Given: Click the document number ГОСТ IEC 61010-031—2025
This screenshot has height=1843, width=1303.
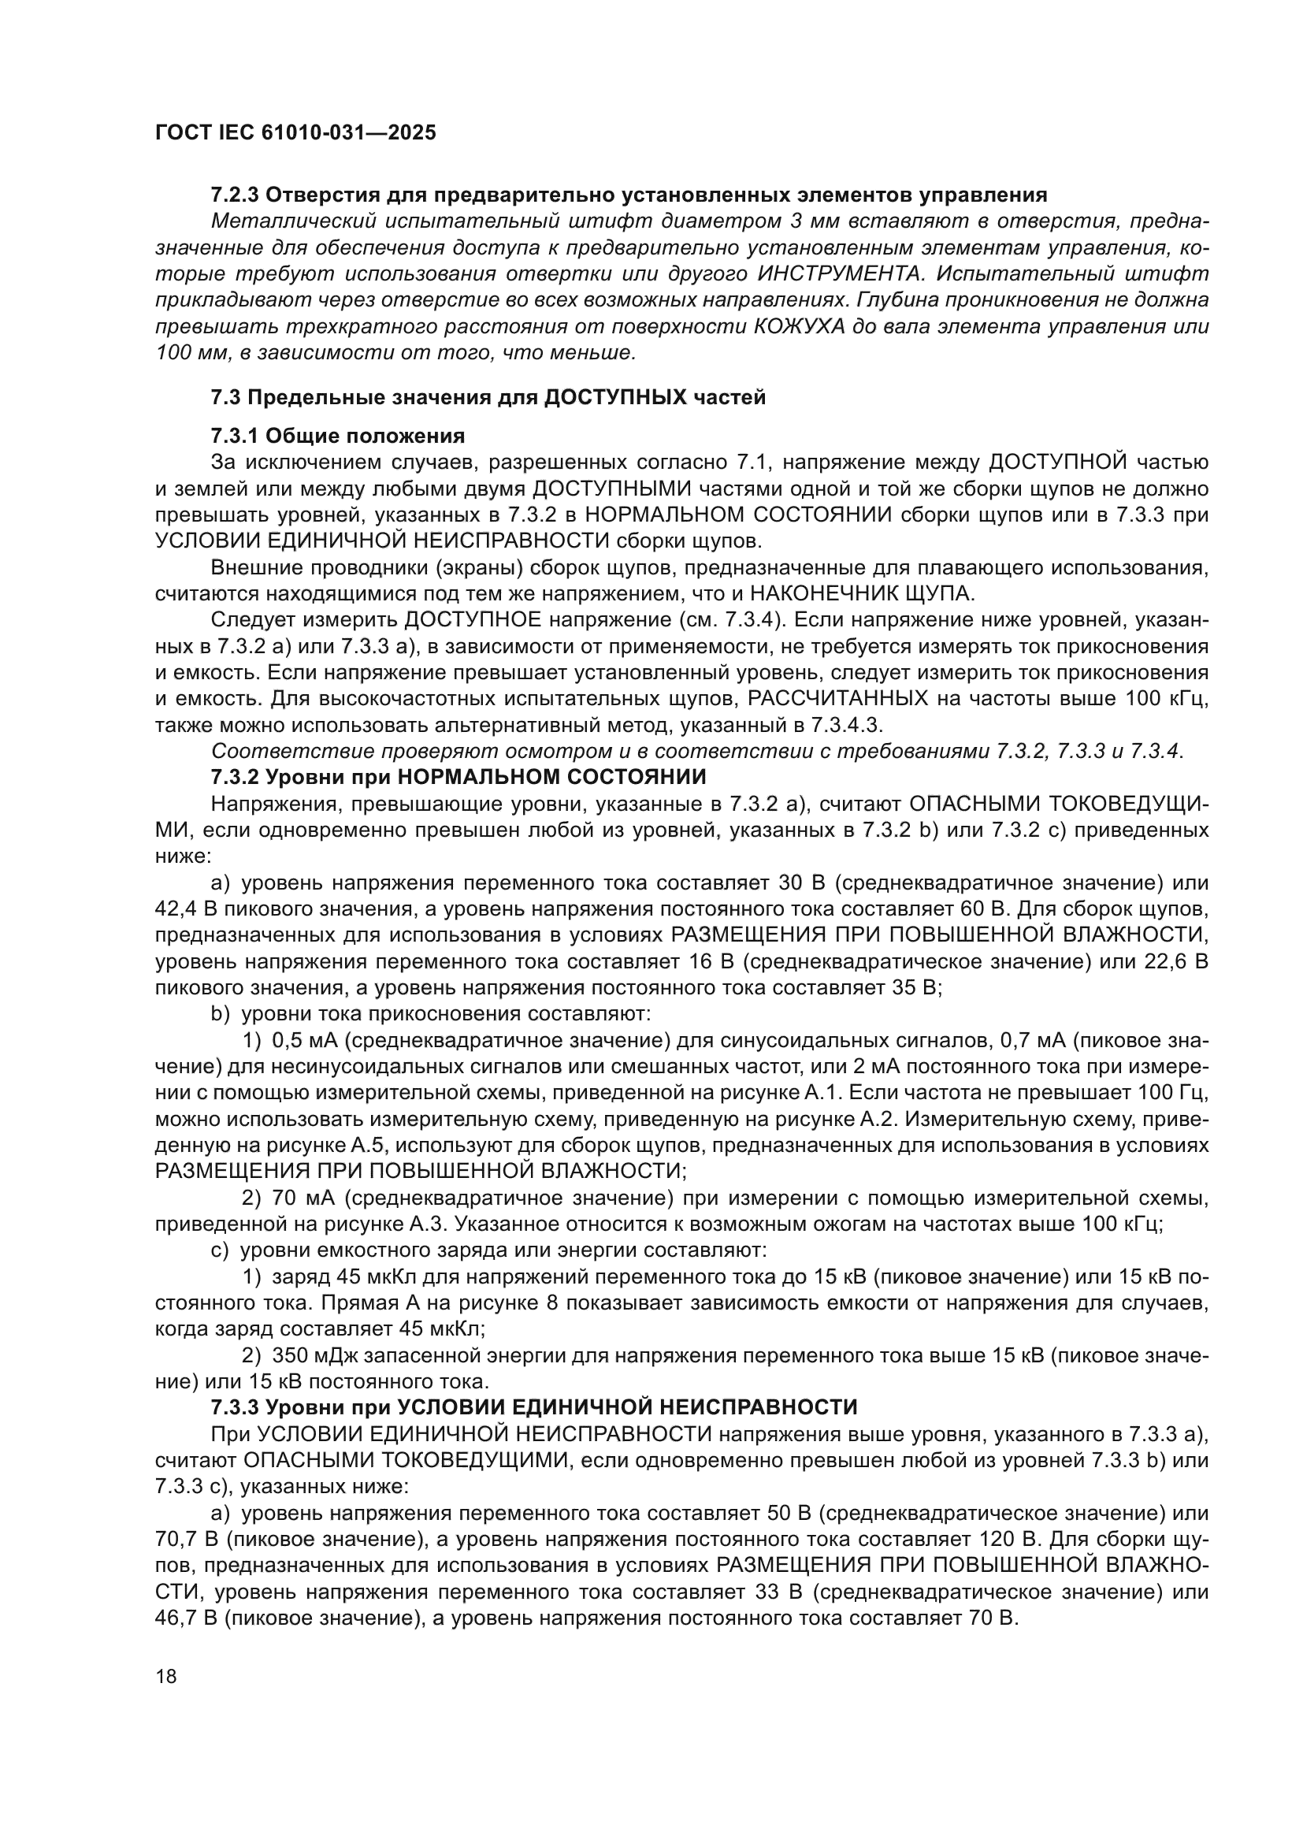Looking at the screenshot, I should pos(295,132).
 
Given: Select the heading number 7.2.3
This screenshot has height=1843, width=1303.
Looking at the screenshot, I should pos(234,195).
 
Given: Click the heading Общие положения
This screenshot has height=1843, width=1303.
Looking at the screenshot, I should pos(365,436).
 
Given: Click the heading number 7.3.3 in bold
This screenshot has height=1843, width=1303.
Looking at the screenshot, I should pos(235,1407).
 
